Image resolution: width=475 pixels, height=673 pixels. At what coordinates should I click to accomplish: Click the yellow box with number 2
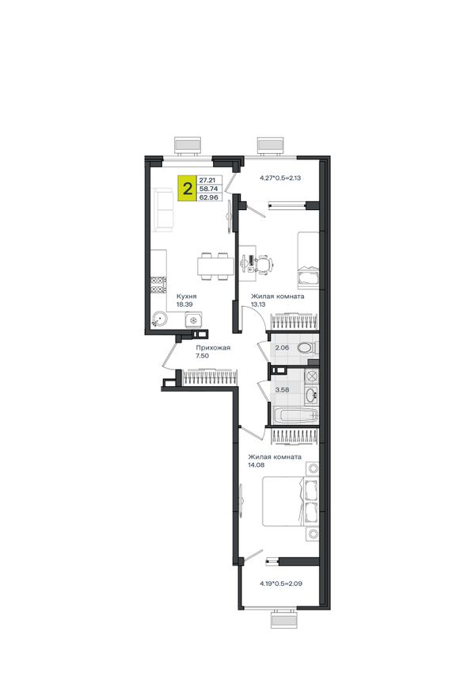point(188,188)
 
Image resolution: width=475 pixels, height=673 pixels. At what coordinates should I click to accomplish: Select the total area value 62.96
point(209,198)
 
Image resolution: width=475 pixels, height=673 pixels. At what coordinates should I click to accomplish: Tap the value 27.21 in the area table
point(207,180)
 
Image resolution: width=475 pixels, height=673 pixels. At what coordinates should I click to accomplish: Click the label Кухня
point(187,296)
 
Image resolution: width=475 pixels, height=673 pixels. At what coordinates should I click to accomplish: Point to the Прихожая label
point(213,348)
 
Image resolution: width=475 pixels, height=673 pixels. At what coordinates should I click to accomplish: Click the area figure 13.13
point(258,304)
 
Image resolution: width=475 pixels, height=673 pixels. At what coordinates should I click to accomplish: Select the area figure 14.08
point(256,465)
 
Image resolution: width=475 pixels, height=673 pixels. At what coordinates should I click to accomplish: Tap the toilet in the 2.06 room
point(306,347)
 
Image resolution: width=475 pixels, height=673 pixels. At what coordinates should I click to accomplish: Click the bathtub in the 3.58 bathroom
point(295,416)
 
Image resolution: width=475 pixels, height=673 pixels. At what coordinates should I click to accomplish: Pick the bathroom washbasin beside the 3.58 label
point(311,393)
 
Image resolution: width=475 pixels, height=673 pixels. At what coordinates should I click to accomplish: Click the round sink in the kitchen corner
point(159,319)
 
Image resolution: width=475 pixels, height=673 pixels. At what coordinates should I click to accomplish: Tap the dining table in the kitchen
point(213,266)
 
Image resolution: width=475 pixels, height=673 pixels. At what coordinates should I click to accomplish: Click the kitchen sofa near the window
point(164,209)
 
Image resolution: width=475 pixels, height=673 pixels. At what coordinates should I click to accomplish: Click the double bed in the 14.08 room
point(291,501)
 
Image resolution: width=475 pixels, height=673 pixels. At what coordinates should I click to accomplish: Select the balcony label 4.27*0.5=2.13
point(280,177)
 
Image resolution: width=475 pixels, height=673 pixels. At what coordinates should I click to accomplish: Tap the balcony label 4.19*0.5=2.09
point(281,583)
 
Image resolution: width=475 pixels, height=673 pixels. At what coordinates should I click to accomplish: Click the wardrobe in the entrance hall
point(210,377)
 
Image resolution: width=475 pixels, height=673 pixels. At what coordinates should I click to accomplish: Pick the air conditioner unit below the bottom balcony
point(283,620)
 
